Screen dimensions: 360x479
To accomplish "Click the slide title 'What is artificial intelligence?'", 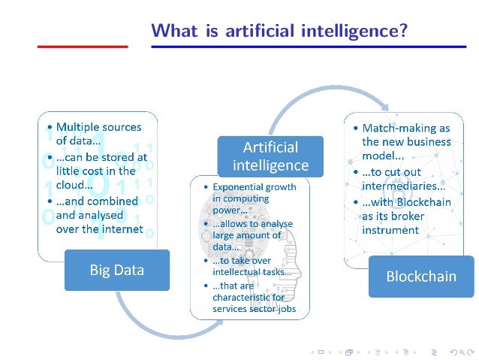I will coord(279,31).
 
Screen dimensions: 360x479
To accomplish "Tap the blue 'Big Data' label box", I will coord(116,270).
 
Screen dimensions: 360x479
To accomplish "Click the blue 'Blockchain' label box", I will coord(420,276).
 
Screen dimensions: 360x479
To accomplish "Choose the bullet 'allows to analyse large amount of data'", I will coord(251,235).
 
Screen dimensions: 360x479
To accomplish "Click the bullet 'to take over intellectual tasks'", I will coord(252,266).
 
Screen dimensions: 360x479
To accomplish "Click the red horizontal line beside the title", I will coord(83,47).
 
